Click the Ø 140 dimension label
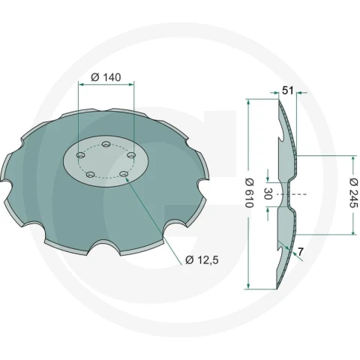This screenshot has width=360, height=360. (x=106, y=77)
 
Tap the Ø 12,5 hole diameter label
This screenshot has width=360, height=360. (x=202, y=260)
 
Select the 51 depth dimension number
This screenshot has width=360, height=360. (x=288, y=91)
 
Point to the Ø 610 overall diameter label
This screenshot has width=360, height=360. (x=250, y=193)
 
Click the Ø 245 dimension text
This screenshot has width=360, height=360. (x=354, y=193)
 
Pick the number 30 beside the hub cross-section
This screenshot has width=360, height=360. (x=268, y=193)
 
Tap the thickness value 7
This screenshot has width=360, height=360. (x=301, y=252)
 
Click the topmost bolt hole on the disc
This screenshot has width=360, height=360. (x=106, y=144)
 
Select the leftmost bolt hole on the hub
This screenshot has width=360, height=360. (x=80, y=155)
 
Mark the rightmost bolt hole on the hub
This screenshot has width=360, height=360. (x=130, y=155)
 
